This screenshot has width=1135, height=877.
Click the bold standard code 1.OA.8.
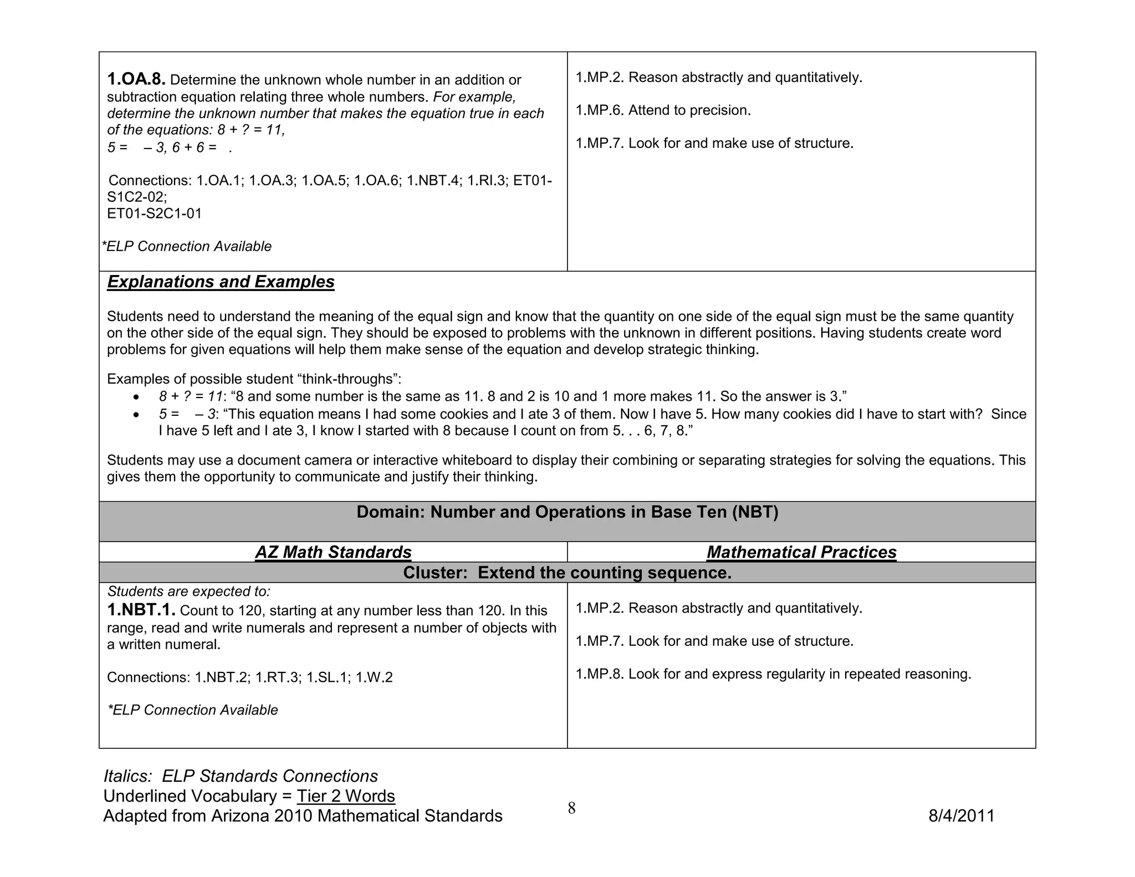[x=136, y=79]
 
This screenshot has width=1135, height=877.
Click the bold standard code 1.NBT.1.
[x=141, y=610]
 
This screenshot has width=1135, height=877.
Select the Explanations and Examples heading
[x=221, y=282]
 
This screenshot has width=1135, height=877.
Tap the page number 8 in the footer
[x=571, y=808]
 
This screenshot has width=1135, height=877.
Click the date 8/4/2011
[x=961, y=816]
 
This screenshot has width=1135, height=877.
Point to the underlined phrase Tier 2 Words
[x=345, y=796]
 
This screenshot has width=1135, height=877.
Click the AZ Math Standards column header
[x=333, y=552]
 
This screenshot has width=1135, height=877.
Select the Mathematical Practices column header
[x=801, y=552]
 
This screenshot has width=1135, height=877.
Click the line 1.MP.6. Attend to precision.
[x=663, y=110]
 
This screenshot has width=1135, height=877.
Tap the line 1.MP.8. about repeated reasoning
[x=773, y=674]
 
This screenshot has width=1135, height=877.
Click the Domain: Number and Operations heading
[x=567, y=512]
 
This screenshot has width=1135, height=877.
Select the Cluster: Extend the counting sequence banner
[x=567, y=573]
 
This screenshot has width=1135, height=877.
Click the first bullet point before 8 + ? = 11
[x=135, y=397]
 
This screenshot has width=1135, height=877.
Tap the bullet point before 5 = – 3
[x=135, y=415]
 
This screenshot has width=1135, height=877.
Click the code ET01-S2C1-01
[x=154, y=213]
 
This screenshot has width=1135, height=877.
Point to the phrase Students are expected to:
[x=188, y=592]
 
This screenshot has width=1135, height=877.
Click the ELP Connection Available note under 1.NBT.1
[x=192, y=710]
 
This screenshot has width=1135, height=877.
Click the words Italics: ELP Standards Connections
[x=241, y=776]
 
